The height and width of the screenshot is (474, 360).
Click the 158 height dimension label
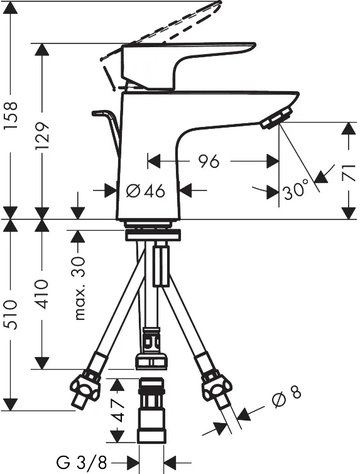(x=11, y=116)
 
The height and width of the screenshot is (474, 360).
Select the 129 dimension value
(x=41, y=136)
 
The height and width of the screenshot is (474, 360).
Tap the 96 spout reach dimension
(x=209, y=161)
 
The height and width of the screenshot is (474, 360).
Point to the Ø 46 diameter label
(x=146, y=190)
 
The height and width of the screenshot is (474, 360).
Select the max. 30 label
(x=80, y=288)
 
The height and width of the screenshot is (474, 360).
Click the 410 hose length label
(x=41, y=294)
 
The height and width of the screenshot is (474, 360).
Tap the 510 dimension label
(x=11, y=315)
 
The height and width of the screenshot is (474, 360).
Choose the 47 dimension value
(x=117, y=411)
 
